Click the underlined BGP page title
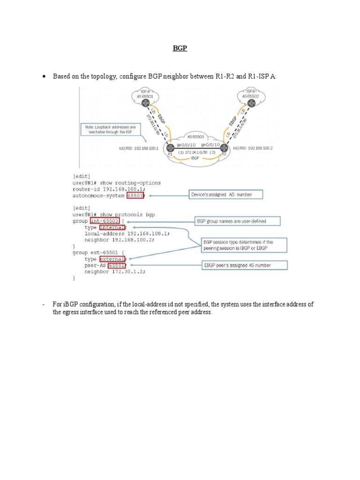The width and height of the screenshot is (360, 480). click(180, 48)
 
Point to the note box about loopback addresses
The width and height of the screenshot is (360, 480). click(111, 129)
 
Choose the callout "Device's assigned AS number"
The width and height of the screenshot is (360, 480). click(226, 194)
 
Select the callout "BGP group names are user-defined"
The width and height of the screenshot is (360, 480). click(237, 220)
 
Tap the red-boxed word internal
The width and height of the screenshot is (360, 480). click(112, 227)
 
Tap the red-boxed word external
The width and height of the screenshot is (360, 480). click(112, 259)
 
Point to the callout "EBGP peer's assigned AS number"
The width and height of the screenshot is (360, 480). click(244, 265)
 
